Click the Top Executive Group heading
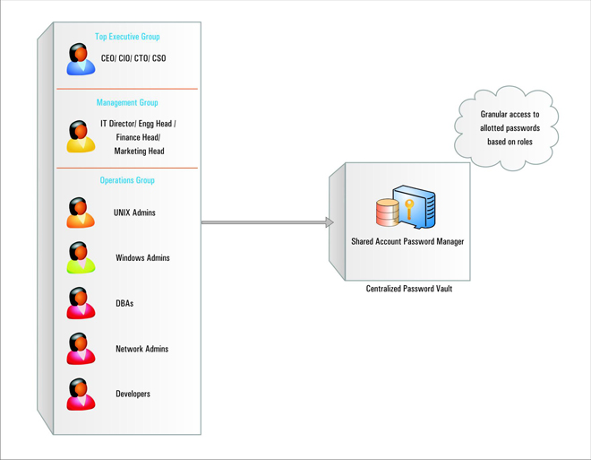(133, 37)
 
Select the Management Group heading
(133, 103)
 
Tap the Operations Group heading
(127, 180)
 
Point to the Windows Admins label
(142, 258)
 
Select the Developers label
(133, 394)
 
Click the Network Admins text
(141, 349)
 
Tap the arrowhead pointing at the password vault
(329, 222)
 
